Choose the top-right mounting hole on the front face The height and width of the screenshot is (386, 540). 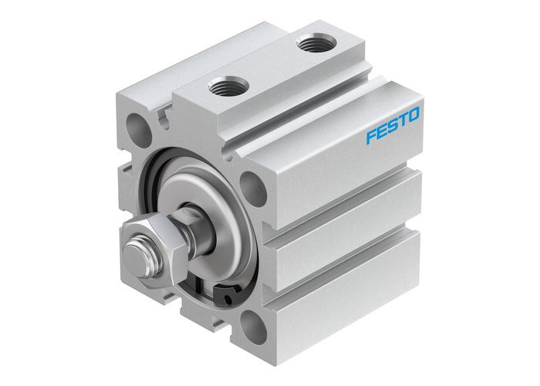coord(250,184)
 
